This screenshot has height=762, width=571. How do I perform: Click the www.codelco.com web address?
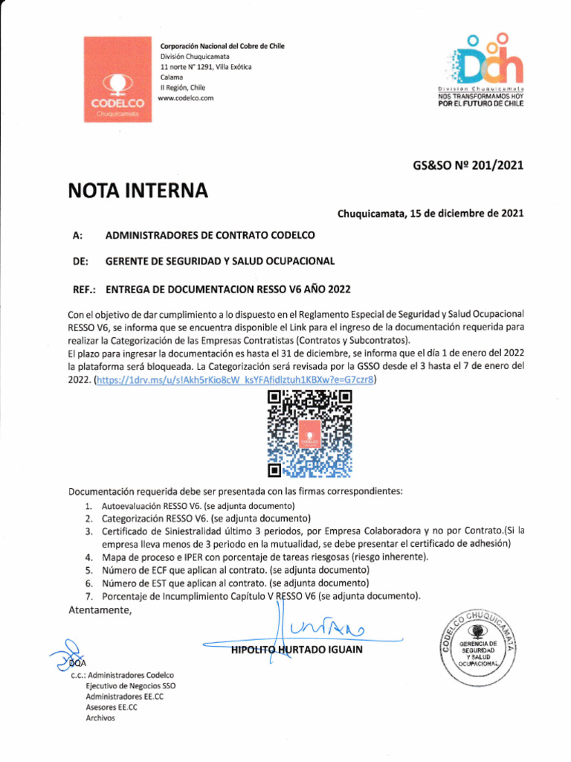click(186, 98)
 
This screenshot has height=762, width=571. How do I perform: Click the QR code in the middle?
click(309, 434)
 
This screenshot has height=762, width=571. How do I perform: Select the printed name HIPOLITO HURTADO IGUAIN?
click(297, 650)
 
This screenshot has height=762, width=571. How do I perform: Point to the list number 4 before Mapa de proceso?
click(88, 557)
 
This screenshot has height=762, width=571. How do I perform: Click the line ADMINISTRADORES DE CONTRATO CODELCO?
click(210, 235)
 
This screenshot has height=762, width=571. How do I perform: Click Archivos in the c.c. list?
click(100, 718)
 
